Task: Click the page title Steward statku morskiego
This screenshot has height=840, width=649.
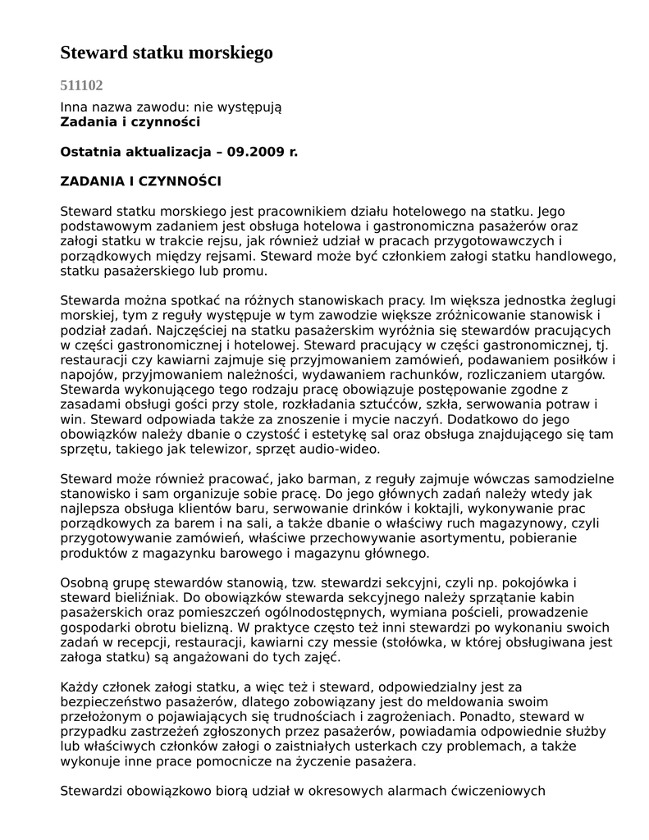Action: [x=167, y=53]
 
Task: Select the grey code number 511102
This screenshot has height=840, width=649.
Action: [x=82, y=85]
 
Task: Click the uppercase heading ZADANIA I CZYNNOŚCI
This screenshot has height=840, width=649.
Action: [x=141, y=181]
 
